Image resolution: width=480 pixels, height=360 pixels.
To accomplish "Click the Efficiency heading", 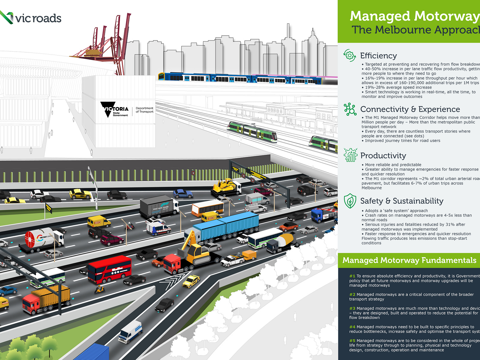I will [378, 56].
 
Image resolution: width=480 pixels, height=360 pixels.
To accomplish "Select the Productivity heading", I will [383, 156].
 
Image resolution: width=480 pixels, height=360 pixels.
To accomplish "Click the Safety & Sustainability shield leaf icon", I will [350, 201].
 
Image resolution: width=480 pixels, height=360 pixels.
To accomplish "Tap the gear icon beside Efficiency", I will [349, 55].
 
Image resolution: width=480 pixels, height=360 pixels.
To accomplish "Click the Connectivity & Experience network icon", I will [350, 109].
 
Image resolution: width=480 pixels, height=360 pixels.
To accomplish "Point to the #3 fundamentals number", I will [352, 308].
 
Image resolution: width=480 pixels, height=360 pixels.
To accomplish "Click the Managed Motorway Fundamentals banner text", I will [409, 260].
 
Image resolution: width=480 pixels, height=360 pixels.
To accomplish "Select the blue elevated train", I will [240, 78].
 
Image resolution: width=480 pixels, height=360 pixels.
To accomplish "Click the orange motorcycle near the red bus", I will [100, 289].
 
